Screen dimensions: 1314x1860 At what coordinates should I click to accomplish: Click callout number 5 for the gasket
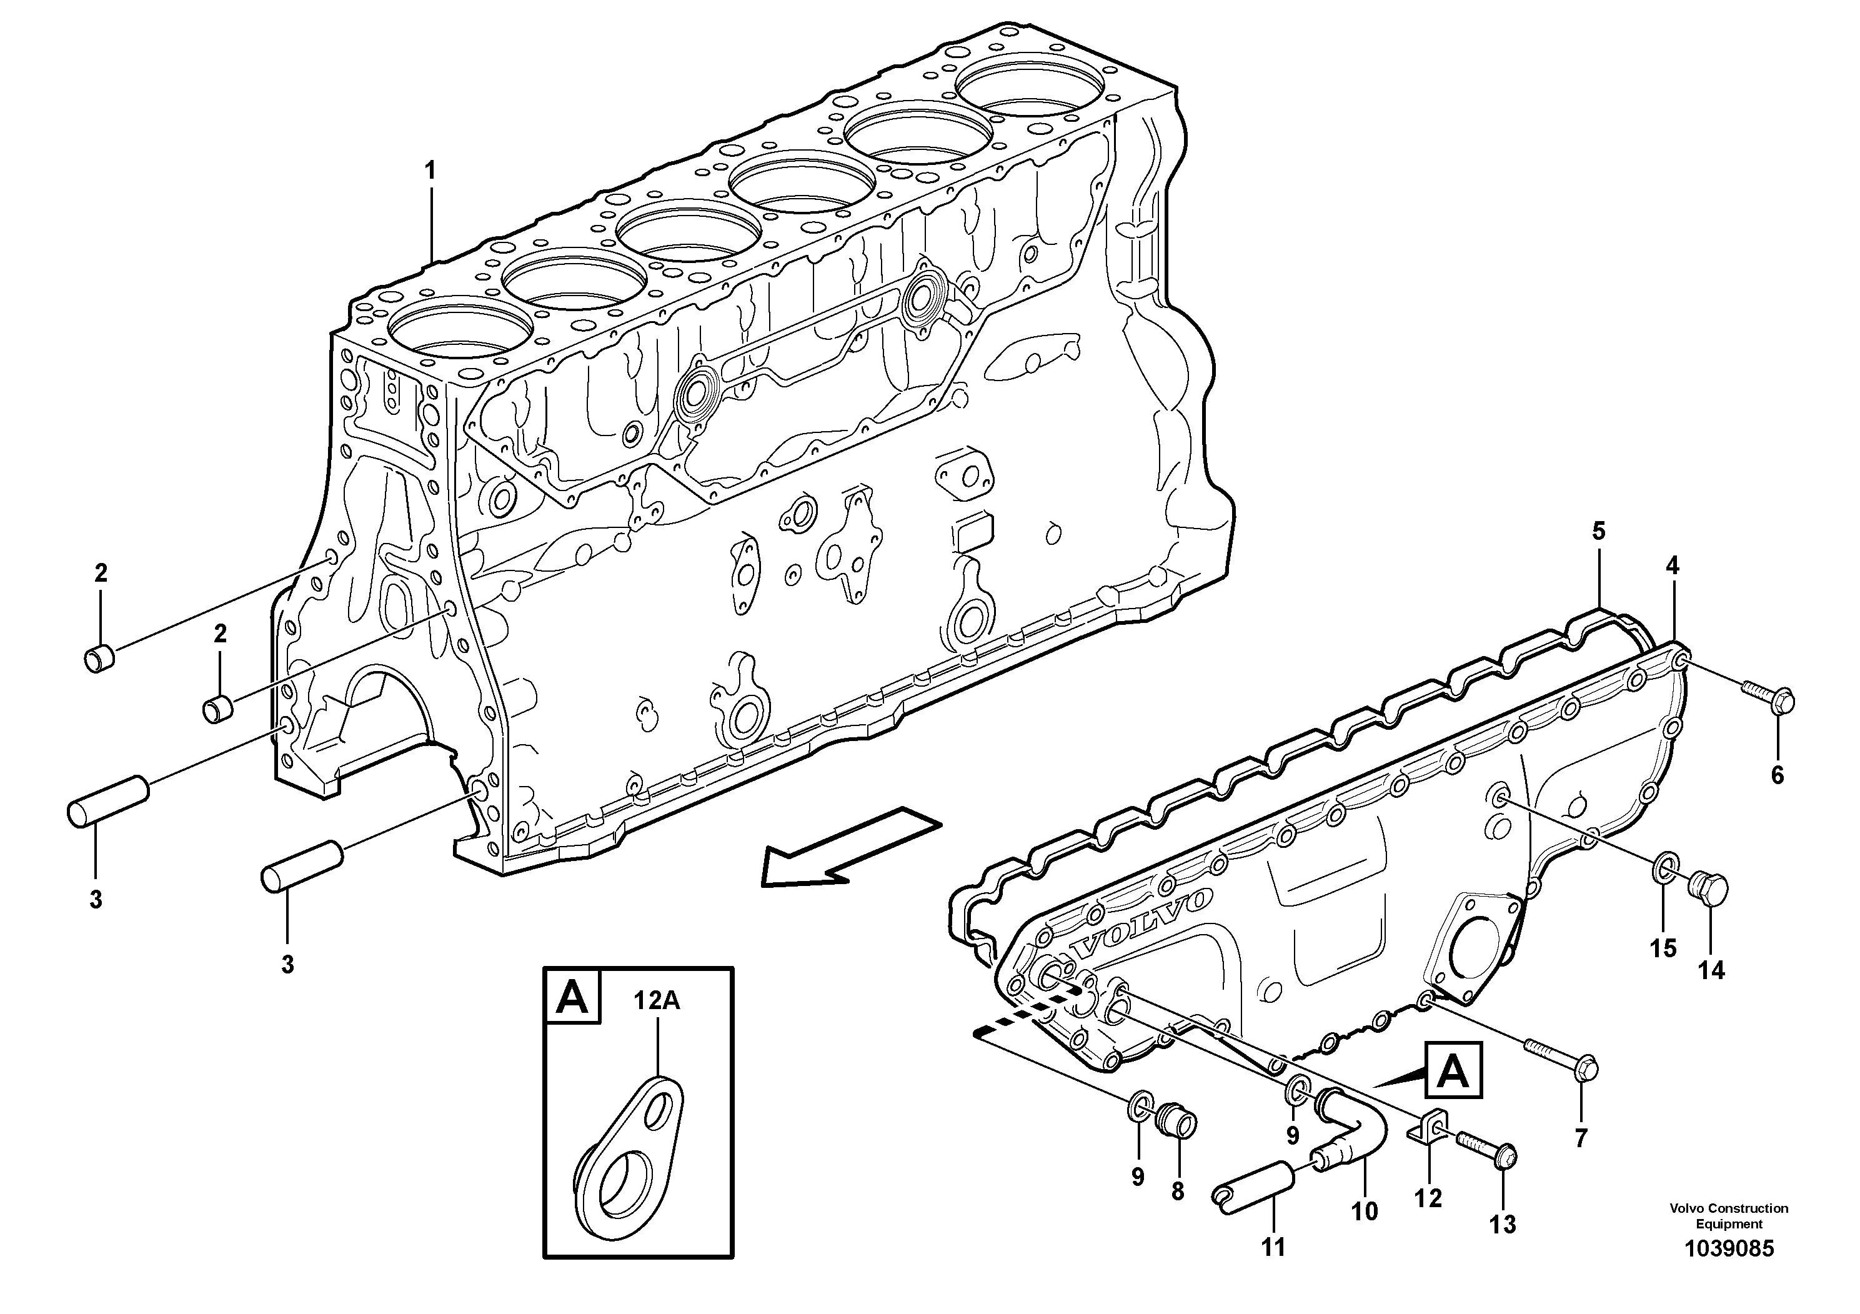[1598, 532]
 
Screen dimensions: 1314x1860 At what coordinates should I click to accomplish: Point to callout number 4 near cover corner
[1672, 566]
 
